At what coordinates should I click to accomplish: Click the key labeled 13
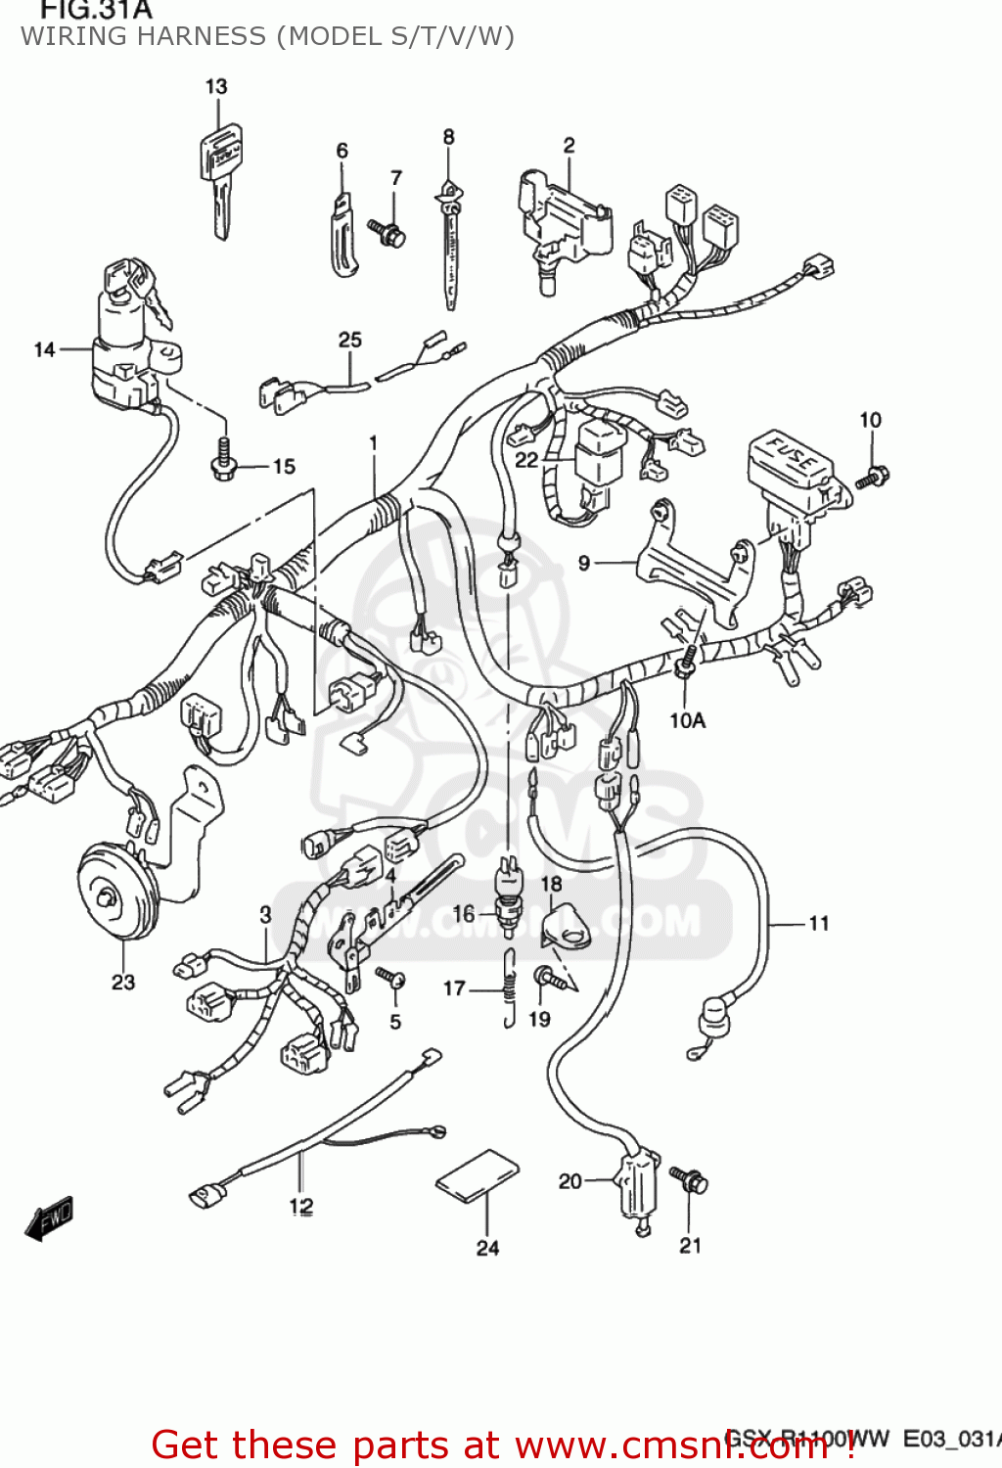pos(220,176)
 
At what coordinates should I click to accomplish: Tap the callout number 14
pos(45,349)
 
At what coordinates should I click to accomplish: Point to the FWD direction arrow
pos(49,1218)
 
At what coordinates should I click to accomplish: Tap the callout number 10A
pos(687,720)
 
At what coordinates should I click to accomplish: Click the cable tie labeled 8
pos(450,245)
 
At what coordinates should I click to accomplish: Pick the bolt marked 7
pos(387,233)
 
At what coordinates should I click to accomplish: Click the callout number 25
pos(349,340)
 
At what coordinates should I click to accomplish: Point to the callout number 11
pos(818,923)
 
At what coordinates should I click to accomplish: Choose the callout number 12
pos(300,1206)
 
